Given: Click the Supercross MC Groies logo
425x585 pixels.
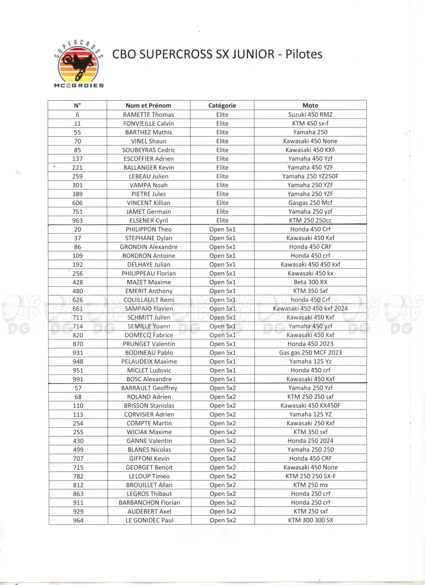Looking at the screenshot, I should click(79, 64).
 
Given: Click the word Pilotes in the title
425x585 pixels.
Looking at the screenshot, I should click(304, 54).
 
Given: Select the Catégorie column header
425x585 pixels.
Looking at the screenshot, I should click(222, 105).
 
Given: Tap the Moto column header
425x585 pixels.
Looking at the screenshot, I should click(310, 105).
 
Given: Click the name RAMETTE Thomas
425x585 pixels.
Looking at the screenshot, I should click(148, 115).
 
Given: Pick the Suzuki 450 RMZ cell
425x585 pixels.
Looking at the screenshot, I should click(310, 115).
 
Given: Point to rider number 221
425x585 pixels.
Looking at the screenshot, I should click(77, 167).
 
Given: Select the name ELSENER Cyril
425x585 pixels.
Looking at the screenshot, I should click(148, 220).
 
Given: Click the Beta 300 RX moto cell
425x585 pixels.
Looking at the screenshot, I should click(310, 282).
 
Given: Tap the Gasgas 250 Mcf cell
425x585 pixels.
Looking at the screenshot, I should click(310, 203).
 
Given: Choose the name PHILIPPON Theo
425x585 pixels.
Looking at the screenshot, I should click(148, 229).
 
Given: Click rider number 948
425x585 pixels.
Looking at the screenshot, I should click(78, 362).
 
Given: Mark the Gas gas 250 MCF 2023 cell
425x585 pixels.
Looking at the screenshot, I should click(310, 353).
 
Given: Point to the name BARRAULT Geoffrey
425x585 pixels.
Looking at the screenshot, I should click(149, 388).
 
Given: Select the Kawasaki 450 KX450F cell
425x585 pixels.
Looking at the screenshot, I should click(310, 406).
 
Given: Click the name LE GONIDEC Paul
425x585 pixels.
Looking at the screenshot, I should click(149, 520).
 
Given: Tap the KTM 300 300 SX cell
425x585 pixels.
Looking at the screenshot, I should click(310, 520).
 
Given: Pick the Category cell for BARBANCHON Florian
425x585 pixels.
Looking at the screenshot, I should click(222, 503).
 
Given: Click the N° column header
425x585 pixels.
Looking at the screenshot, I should click(77, 105).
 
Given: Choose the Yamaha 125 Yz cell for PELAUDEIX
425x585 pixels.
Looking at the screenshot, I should click(310, 362).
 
